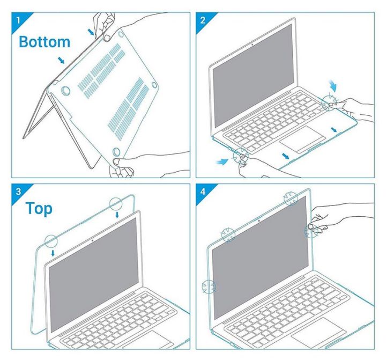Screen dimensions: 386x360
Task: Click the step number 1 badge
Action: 18,20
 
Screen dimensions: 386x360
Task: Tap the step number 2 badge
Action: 203,20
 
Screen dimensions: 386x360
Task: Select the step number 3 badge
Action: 18,191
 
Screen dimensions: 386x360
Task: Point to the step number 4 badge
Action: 203,191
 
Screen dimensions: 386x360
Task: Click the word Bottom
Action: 44,42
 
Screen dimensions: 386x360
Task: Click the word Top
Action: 39,209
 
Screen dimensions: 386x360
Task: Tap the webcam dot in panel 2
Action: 252,45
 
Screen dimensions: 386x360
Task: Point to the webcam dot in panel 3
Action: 92,240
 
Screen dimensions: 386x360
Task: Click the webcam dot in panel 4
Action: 258,221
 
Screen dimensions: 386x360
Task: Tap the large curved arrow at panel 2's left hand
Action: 222,161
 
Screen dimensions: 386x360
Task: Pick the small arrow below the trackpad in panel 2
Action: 285,156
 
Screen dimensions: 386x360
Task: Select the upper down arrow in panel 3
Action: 117,215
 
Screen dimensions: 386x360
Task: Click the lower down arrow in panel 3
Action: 53,253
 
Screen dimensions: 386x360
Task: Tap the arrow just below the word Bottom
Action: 61,60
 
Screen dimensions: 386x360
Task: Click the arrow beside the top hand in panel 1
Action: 91,32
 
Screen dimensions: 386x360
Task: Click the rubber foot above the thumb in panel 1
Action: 116,151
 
